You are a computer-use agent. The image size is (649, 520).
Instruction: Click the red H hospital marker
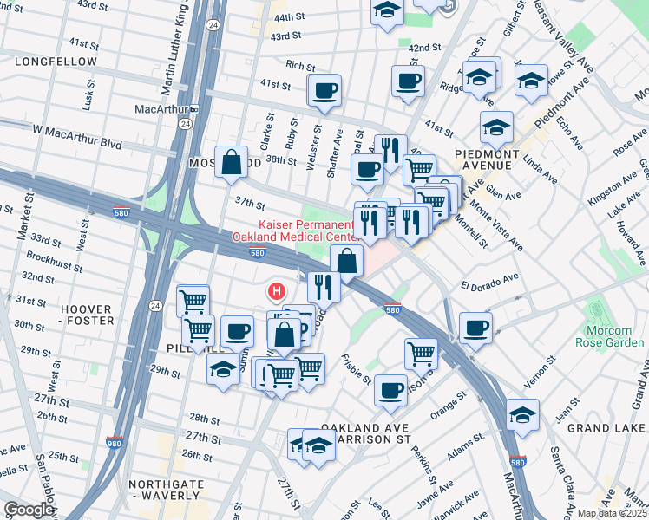[277, 292]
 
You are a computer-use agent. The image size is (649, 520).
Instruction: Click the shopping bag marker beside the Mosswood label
[232, 162]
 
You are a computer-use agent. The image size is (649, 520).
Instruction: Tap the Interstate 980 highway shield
[115, 441]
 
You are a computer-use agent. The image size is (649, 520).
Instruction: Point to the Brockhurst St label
[54, 257]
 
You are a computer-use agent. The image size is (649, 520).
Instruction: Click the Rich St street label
[299, 66]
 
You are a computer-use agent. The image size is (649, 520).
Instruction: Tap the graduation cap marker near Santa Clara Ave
[521, 414]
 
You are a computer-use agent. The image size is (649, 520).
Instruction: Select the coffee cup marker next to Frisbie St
[391, 389]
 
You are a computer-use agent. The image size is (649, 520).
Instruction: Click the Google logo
[29, 510]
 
